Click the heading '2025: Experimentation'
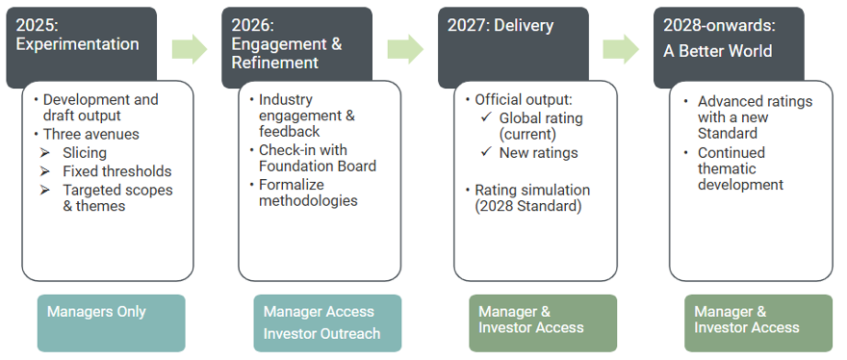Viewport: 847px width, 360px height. pyautogui.click(x=77, y=35)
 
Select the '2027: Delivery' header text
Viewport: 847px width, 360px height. pyautogui.click(x=500, y=25)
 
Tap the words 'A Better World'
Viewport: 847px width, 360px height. pyautogui.click(x=717, y=51)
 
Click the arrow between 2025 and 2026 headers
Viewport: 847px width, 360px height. pyautogui.click(x=190, y=49)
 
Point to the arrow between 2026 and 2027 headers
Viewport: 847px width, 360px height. pyautogui.click(x=405, y=49)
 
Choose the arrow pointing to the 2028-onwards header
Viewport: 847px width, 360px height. pyautogui.click(x=621, y=49)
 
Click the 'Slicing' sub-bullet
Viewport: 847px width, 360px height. pyautogui.click(x=85, y=153)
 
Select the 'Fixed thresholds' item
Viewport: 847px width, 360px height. pyautogui.click(x=117, y=171)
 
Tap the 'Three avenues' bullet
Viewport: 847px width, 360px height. pyautogui.click(x=91, y=134)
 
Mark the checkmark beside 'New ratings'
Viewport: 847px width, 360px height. pyautogui.click(x=486, y=152)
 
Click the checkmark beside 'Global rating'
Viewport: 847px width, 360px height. pyautogui.click(x=486, y=117)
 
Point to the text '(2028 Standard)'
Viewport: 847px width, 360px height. pyautogui.click(x=528, y=207)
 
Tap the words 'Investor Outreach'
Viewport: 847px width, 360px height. pyautogui.click(x=321, y=333)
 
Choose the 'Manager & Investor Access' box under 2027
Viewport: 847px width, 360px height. pyautogui.click(x=543, y=323)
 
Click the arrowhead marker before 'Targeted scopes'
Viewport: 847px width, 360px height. pyautogui.click(x=44, y=190)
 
